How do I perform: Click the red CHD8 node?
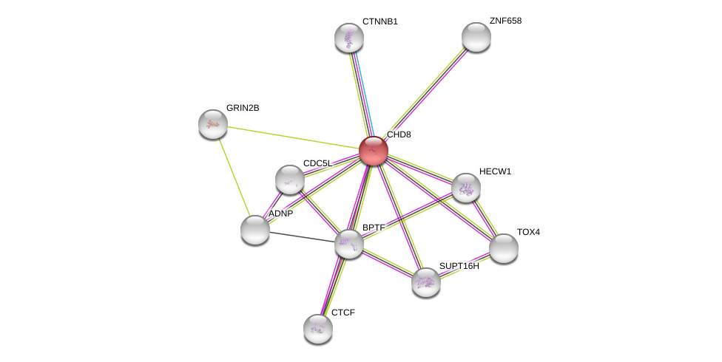click(374, 151)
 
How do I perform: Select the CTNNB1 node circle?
click(349, 38)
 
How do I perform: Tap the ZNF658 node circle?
click(476, 37)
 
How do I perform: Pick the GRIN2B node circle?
click(213, 124)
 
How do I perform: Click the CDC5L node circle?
click(290, 180)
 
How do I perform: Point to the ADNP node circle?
click(255, 230)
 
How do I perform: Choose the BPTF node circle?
click(349, 244)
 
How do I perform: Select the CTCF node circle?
click(318, 329)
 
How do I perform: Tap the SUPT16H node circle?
click(426, 282)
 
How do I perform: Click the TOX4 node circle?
click(504, 248)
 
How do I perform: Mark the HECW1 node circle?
click(466, 188)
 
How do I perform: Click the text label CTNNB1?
click(379, 21)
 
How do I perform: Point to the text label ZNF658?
click(505, 21)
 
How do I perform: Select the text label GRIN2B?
click(243, 108)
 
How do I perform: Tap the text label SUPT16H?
click(459, 266)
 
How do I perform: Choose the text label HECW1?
click(495, 171)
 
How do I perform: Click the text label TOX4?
click(528, 232)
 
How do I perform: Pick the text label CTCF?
click(343, 313)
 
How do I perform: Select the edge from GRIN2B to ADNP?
click(234, 177)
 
